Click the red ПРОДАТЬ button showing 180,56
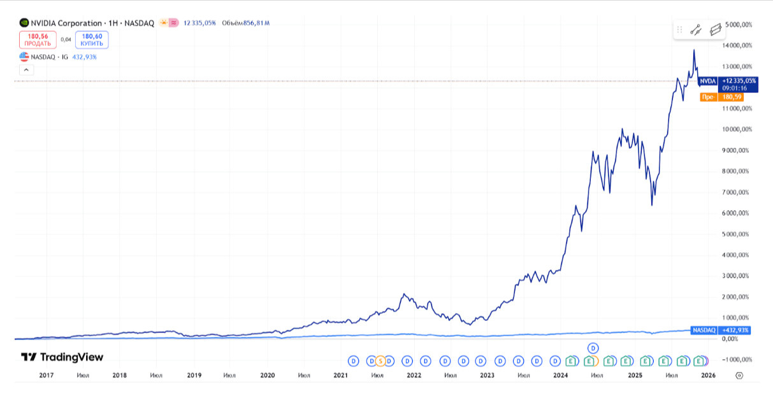tap(38, 39)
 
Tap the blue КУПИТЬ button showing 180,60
tap(92, 39)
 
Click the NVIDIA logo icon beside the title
tap(24, 23)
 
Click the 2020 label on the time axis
tap(268, 375)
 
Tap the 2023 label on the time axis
tap(488, 375)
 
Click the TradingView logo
tap(62, 357)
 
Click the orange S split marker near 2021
tap(380, 361)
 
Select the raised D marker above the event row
tap(593, 348)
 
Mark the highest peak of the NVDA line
tap(694, 50)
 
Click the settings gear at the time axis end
tap(739, 375)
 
